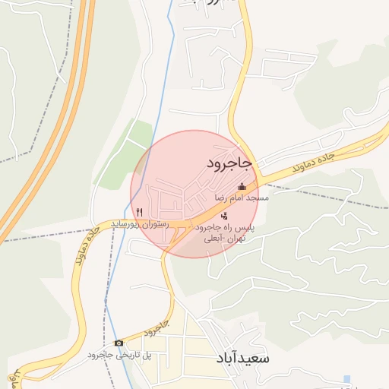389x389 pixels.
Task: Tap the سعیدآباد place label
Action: click(242, 356)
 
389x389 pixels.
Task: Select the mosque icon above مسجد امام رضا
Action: click(242, 187)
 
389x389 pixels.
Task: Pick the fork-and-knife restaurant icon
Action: click(138, 212)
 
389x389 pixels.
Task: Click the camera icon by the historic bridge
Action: click(118, 343)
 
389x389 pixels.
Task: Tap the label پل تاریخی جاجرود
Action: click(119, 355)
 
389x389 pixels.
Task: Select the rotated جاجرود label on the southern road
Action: click(154, 329)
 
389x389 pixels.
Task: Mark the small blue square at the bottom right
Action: click(347, 378)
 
